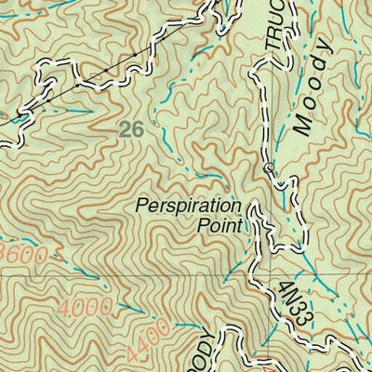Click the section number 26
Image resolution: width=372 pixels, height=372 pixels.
132,130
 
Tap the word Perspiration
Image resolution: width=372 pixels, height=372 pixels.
188,206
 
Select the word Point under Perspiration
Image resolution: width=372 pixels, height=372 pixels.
219,224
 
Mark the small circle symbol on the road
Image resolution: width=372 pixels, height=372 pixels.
269,168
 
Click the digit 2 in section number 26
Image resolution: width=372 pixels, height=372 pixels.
126,130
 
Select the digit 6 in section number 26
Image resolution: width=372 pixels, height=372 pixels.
139,130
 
